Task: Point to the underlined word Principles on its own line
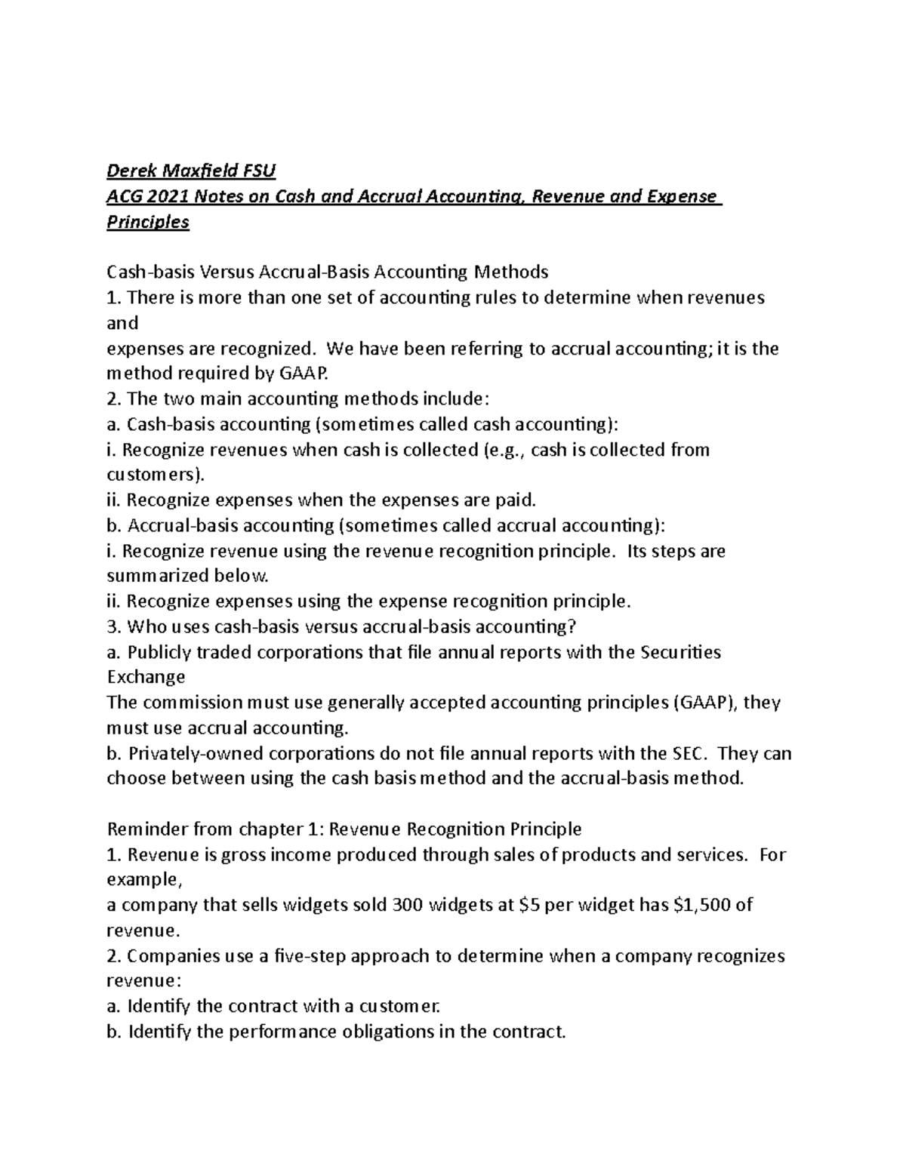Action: (148, 222)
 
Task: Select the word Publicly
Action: (160, 652)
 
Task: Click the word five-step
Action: (310, 956)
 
